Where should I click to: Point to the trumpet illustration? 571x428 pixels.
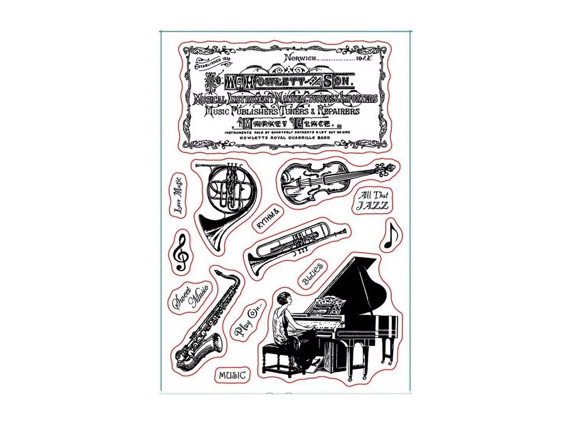(x=296, y=245)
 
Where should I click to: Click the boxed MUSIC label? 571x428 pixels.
(x=232, y=375)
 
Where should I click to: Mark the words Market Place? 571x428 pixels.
(x=284, y=123)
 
